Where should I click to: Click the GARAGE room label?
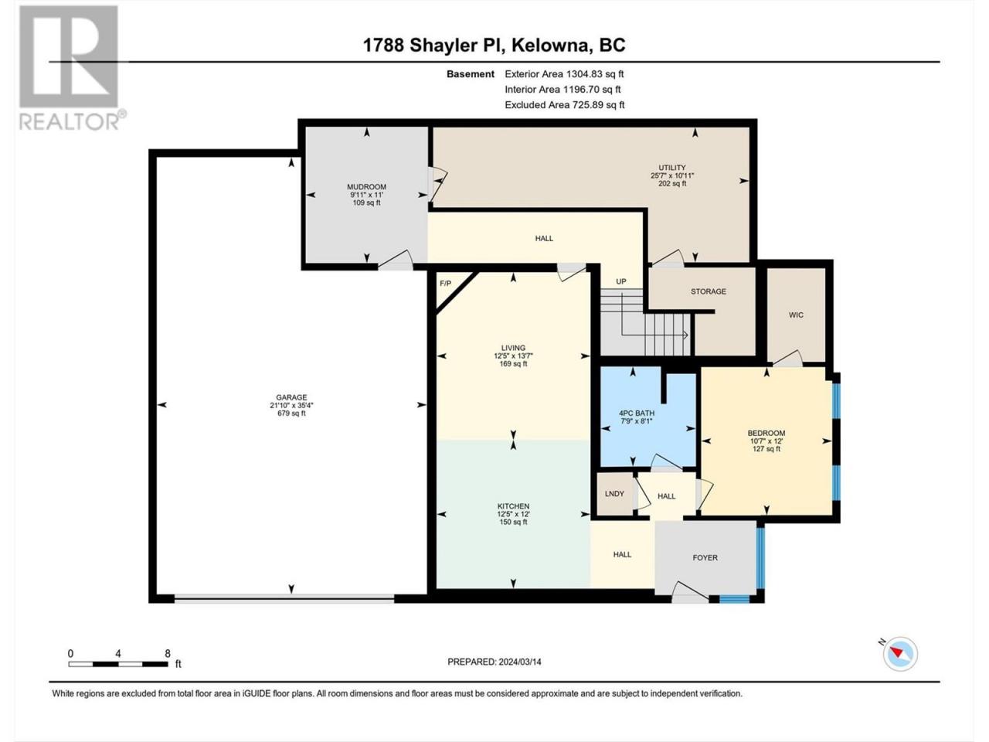click(291, 397)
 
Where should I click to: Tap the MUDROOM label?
click(367, 186)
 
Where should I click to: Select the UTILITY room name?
click(672, 168)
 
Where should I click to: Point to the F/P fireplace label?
click(445, 284)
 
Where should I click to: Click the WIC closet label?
click(796, 315)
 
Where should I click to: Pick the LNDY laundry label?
click(614, 494)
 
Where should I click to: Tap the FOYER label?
click(705, 558)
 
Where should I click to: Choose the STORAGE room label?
click(709, 291)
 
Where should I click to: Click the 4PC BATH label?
click(637, 413)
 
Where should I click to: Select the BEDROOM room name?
click(766, 434)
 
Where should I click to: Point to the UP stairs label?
click(621, 281)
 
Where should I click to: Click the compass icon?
click(900, 654)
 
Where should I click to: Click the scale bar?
click(118, 664)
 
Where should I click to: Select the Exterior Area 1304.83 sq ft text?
click(564, 74)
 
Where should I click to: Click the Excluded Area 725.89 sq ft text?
click(565, 105)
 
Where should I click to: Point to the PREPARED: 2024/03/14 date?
click(494, 662)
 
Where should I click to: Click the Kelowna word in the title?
click(550, 46)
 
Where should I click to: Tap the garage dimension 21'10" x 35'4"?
click(291, 405)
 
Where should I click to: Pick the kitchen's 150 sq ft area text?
click(513, 522)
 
